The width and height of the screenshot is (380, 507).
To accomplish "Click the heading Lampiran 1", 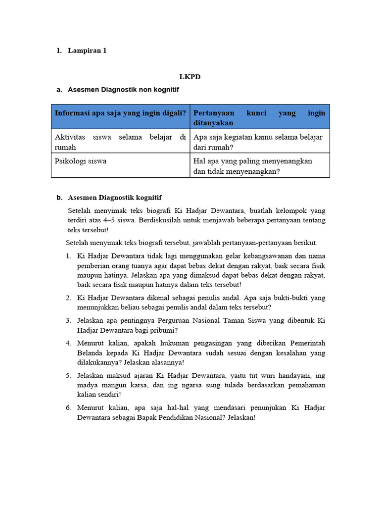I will pos(87,50).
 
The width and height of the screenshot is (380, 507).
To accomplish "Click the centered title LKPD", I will pos(190,77).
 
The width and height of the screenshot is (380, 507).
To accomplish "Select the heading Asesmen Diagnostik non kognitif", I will pos(123,90).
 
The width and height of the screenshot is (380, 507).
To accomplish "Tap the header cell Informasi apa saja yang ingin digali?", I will pos(120,113).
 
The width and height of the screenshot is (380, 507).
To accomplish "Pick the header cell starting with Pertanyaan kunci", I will pos(259,118).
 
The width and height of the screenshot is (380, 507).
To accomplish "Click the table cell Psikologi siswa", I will pos(80,161).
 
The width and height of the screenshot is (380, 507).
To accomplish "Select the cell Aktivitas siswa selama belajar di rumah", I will pos(120,142).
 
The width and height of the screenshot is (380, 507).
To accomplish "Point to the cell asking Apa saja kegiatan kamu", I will pos(258,142).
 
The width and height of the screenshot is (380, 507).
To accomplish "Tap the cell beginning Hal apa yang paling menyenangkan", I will pos(253,166).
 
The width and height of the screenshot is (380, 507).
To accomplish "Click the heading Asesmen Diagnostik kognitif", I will pos(114,198).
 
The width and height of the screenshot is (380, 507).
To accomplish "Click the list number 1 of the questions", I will pos(68,256).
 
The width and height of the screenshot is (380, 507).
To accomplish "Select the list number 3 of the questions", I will pos(68,320).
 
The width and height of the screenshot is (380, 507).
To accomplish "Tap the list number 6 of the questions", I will pos(68,407).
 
